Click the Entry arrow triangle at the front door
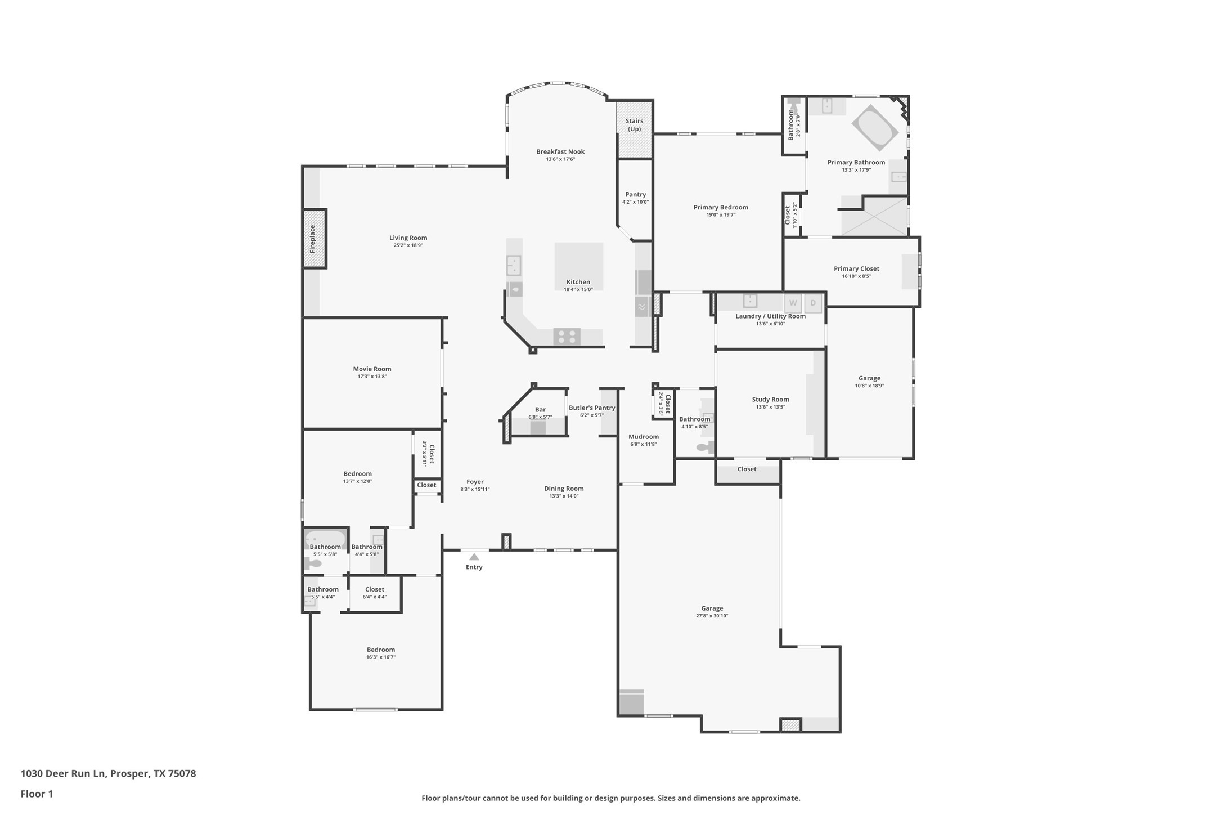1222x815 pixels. (474, 557)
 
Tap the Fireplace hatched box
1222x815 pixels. (315, 239)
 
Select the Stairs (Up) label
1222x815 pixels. (634, 125)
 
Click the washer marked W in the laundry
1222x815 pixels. (793, 303)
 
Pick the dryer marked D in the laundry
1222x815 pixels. (813, 303)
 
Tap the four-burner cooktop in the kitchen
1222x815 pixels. (567, 337)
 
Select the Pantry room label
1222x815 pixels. (635, 195)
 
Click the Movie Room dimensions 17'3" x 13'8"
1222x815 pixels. (372, 377)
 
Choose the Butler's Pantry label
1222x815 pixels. (591, 408)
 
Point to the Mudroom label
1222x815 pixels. (643, 437)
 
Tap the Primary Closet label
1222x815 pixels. (856, 269)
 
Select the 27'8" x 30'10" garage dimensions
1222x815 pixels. (712, 616)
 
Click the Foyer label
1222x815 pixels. (475, 482)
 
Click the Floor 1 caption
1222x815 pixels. (37, 794)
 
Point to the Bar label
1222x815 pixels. (540, 410)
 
